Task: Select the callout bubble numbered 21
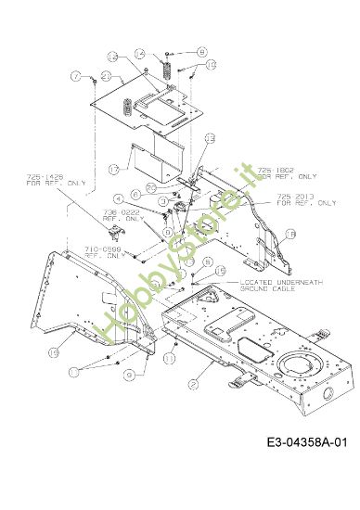click(x=108, y=76)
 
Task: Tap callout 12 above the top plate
click(x=139, y=57)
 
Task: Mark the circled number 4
click(x=119, y=198)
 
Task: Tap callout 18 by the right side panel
click(x=289, y=236)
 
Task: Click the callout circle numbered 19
click(x=54, y=352)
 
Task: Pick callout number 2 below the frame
click(x=193, y=384)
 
